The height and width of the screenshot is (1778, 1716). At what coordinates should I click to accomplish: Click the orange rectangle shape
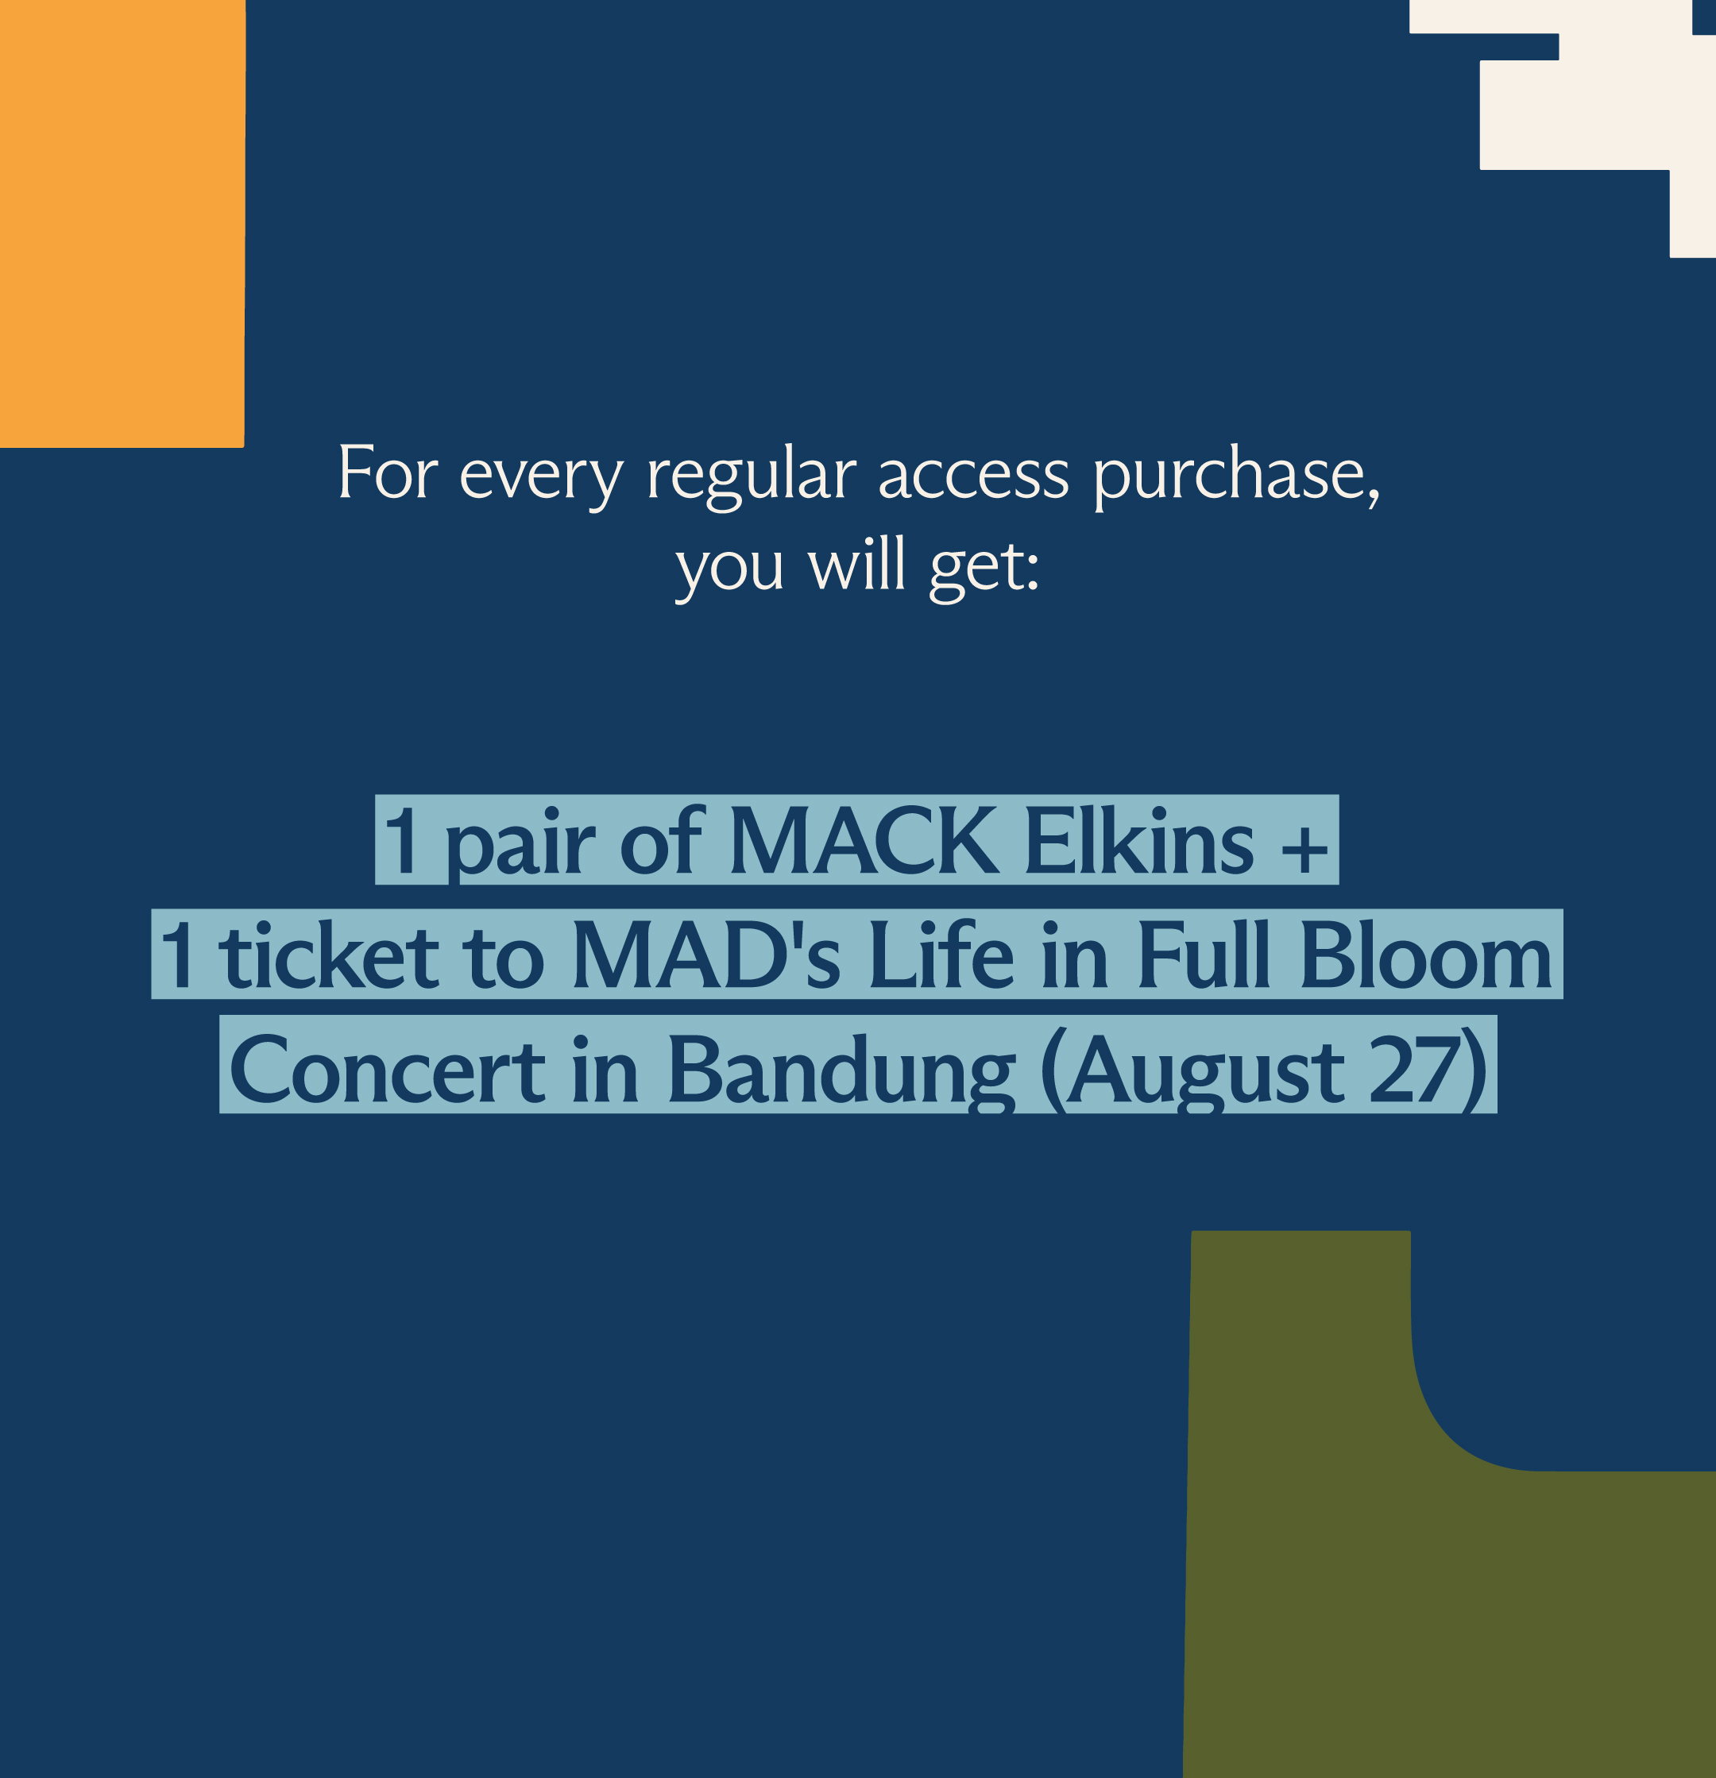(x=122, y=223)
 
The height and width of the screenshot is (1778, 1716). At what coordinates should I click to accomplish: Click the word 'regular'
(x=752, y=476)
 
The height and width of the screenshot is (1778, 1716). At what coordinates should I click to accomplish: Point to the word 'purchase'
(x=1231, y=476)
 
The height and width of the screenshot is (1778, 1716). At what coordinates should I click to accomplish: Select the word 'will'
(x=857, y=563)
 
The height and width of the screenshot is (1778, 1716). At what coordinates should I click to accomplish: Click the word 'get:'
(x=984, y=569)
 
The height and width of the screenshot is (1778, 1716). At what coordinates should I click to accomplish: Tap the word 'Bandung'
(x=841, y=1072)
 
